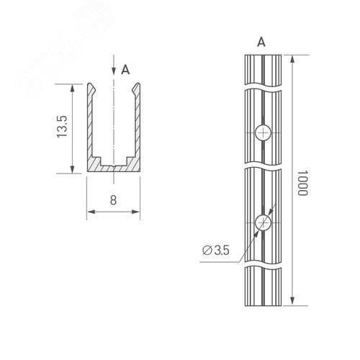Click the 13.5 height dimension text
pos(63,127)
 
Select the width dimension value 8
pos(114,201)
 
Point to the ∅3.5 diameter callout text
pos(217,251)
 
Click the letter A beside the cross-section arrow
pos(125,70)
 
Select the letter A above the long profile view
pos(261,42)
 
